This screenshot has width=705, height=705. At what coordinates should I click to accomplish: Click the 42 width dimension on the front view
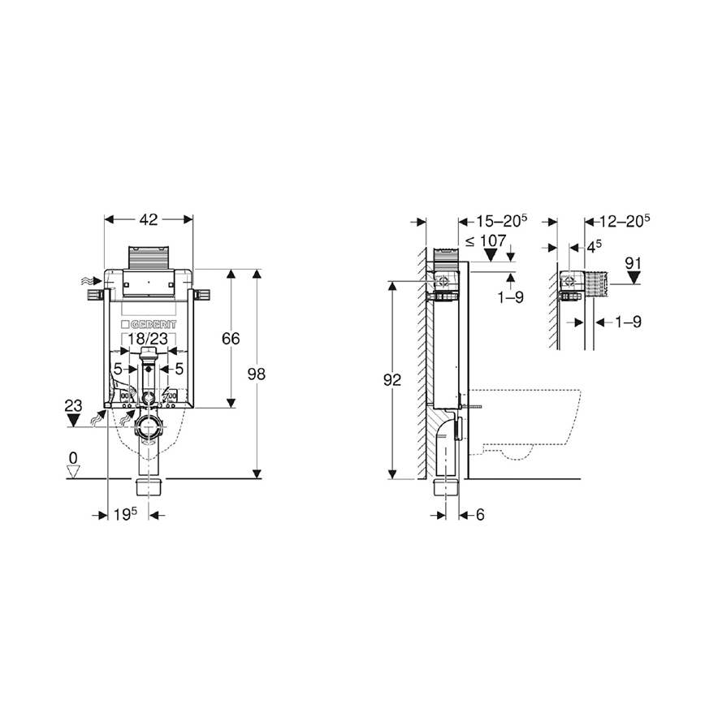pyautogui.click(x=149, y=219)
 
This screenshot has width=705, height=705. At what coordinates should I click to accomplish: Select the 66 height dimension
pyautogui.click(x=231, y=339)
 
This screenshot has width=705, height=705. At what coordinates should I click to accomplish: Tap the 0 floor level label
pyautogui.click(x=73, y=458)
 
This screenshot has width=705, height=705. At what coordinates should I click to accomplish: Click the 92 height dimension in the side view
pyautogui.click(x=392, y=379)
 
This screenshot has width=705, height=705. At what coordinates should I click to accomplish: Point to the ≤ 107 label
pyautogui.click(x=487, y=240)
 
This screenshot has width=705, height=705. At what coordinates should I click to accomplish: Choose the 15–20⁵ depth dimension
pyautogui.click(x=501, y=219)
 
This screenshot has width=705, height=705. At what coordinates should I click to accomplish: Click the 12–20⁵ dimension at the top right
pyautogui.click(x=623, y=219)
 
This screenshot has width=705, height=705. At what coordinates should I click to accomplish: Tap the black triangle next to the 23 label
pyautogui.click(x=75, y=418)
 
